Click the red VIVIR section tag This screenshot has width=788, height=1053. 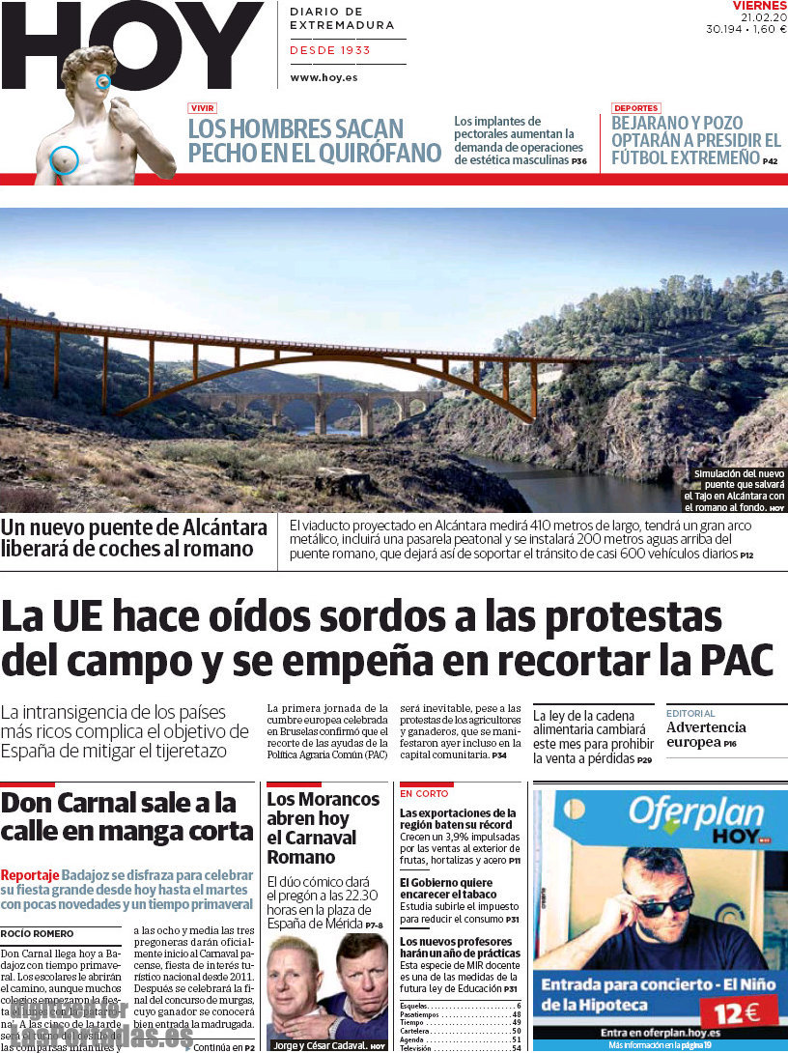click(202, 108)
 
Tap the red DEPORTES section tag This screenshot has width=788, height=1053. click(635, 108)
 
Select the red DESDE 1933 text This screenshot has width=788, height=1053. click(330, 50)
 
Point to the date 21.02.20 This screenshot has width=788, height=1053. click(764, 17)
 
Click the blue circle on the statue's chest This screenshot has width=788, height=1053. click(64, 159)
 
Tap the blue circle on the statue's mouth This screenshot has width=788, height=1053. click(103, 81)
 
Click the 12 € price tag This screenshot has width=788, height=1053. click(739, 1011)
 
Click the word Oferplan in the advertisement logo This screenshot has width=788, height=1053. click(695, 813)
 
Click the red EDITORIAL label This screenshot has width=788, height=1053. click(690, 714)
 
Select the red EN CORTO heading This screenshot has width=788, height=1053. click(424, 793)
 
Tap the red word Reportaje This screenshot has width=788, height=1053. click(29, 874)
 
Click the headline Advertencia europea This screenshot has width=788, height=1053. click(705, 734)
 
